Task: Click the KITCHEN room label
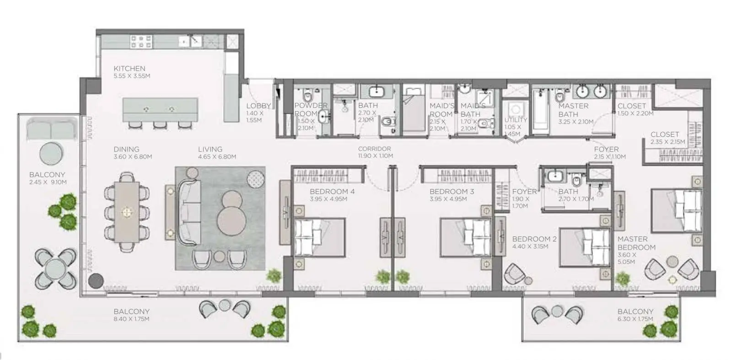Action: coord(129,69)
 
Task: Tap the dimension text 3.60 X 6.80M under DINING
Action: coord(133,157)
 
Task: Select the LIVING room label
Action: coord(210,149)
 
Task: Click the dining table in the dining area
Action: coord(127,212)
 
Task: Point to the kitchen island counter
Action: coord(160,110)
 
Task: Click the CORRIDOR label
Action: coord(375,149)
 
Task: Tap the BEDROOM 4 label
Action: coord(332,191)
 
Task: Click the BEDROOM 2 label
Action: coord(534,239)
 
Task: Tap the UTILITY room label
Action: coord(516,120)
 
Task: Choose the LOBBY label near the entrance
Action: coord(258,106)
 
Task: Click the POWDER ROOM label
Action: coord(311,110)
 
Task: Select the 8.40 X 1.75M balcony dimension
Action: coord(131,319)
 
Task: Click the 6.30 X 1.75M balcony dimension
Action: coord(635,319)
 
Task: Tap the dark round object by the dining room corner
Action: coord(96,281)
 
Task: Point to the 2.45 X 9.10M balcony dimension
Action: coord(48,182)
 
